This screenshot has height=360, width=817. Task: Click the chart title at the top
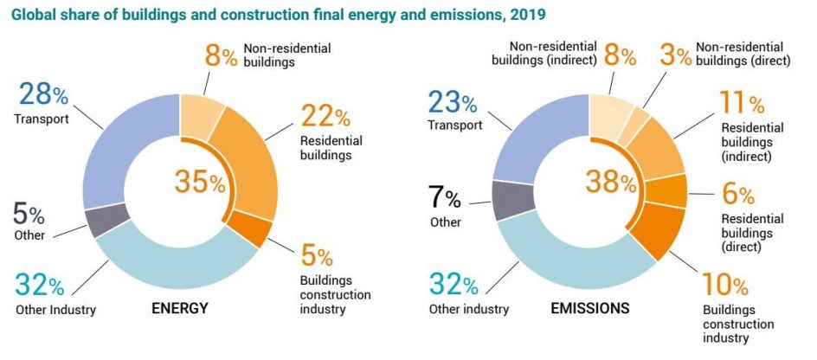(280, 15)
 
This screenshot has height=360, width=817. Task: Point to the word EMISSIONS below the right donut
(589, 308)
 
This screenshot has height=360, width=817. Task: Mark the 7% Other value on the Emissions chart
(447, 199)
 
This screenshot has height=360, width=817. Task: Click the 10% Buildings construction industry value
(725, 286)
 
